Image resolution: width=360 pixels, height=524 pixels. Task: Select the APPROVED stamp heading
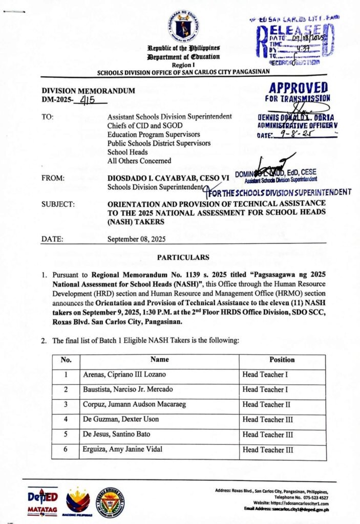(299, 88)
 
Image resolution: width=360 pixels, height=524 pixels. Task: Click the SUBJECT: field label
(58, 204)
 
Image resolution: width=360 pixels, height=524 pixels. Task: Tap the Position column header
(282, 360)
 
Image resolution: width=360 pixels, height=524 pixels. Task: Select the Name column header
(160, 360)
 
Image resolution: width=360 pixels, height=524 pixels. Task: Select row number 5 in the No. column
(66, 435)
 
